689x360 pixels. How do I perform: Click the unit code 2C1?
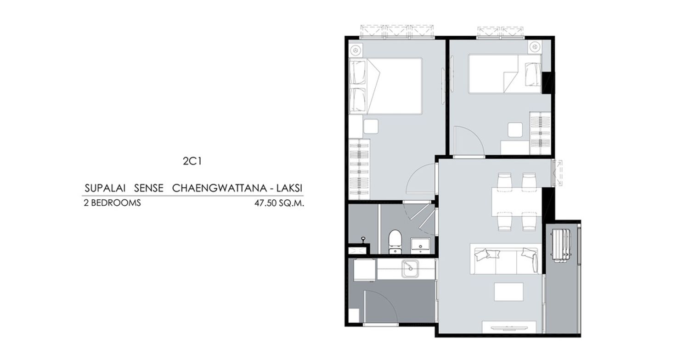[x=192, y=161]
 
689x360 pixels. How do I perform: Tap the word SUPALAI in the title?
[x=105, y=188]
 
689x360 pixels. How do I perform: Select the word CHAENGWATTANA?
[x=219, y=188]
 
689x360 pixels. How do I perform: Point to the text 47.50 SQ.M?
[x=279, y=203]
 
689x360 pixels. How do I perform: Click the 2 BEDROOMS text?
[x=112, y=203]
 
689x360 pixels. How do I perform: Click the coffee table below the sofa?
[x=509, y=292]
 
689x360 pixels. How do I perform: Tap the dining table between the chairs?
[x=516, y=202]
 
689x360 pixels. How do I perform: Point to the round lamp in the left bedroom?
[x=356, y=50]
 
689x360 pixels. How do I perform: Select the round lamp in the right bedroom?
[x=535, y=47]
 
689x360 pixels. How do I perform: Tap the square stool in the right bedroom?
[x=515, y=130]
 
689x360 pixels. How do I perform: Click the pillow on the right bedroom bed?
[x=533, y=74]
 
